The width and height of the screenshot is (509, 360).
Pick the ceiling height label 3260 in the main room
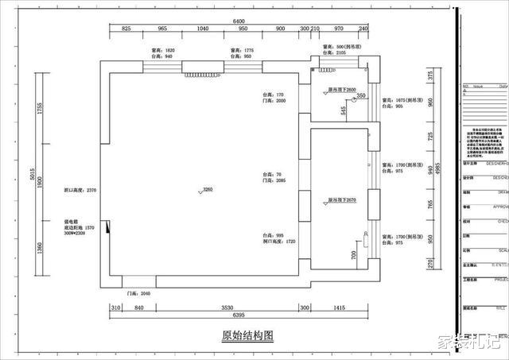208,191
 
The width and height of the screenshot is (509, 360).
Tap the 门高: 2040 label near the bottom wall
139,293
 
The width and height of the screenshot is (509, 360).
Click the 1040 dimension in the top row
201,29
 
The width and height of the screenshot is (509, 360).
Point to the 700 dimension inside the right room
352,254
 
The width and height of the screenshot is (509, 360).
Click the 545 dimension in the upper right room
344,110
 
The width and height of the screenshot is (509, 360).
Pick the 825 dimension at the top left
126,29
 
